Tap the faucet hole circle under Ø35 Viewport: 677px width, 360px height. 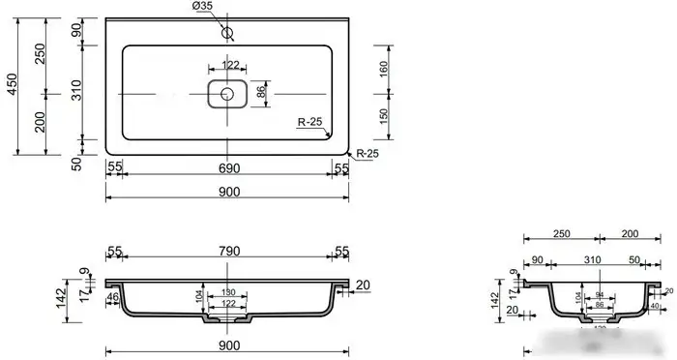click(x=228, y=34)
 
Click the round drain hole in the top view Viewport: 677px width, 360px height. click(x=227, y=94)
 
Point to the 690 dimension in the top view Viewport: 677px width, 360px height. click(x=228, y=168)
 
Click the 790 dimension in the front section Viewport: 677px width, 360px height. click(x=228, y=253)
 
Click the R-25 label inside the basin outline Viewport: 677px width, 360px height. click(x=309, y=123)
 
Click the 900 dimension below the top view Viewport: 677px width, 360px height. click(x=228, y=191)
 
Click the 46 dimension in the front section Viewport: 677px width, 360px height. click(x=114, y=298)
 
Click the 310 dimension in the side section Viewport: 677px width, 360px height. click(x=592, y=260)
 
